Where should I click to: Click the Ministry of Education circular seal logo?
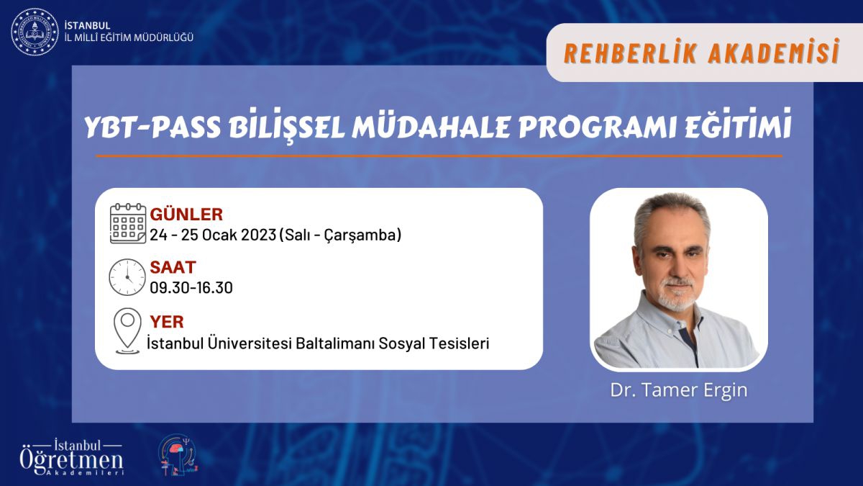click(35, 32)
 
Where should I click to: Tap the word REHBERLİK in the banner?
click(631, 53)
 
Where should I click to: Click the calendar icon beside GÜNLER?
click(128, 224)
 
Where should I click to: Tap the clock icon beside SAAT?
click(127, 277)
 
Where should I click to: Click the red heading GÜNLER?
click(186, 215)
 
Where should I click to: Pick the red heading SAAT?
click(173, 267)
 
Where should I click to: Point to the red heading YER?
click(167, 322)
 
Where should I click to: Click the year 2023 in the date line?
click(258, 235)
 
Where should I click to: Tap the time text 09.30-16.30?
click(191, 288)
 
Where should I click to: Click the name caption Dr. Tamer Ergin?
click(679, 390)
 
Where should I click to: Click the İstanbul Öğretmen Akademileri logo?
click(72, 457)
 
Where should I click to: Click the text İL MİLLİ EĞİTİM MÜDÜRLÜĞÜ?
click(129, 37)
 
